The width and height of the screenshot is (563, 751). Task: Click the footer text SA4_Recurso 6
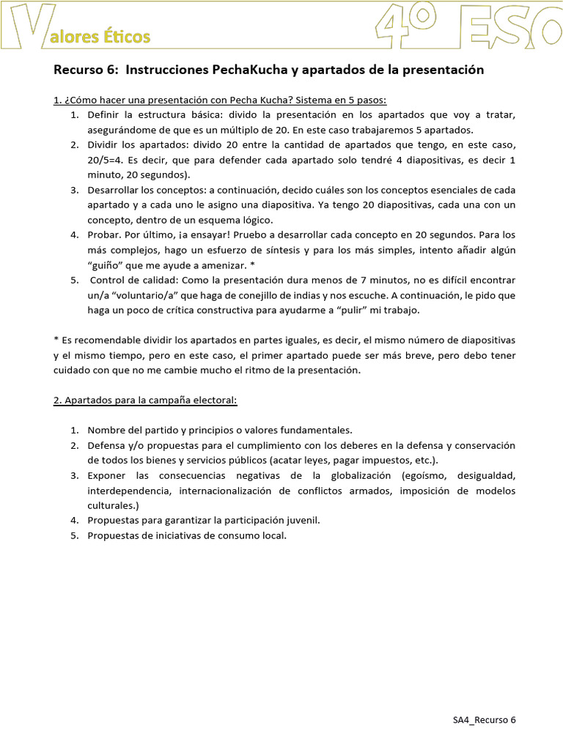(484, 719)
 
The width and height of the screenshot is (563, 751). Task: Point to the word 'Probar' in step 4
(104, 235)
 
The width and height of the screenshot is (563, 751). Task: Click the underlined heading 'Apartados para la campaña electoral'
(151, 400)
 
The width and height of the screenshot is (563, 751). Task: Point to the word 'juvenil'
(301, 520)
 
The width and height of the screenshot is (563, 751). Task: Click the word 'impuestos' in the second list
(386, 460)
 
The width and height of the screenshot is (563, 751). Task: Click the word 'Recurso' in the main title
(79, 70)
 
